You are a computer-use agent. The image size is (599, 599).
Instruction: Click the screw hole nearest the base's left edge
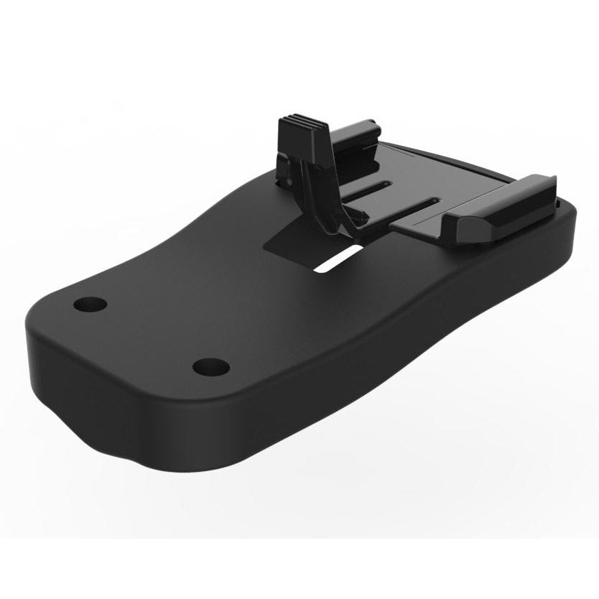[x=90, y=304]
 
